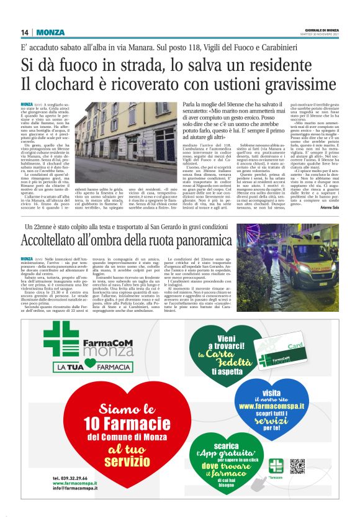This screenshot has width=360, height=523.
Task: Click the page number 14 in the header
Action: (x=24, y=32)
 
